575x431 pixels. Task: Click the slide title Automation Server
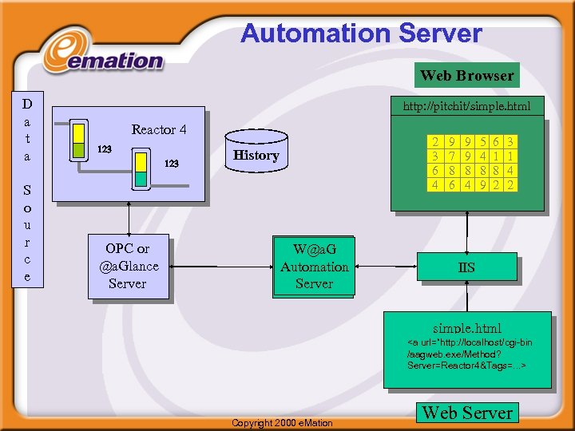tap(361, 34)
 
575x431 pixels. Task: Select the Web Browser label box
tap(467, 75)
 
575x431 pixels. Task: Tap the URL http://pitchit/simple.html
tap(466, 105)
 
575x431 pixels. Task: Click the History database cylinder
tap(256, 154)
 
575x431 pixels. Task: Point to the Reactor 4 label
tap(159, 129)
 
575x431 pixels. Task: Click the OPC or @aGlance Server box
tap(128, 266)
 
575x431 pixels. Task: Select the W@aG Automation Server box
tap(314, 267)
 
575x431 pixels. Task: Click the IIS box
tap(466, 267)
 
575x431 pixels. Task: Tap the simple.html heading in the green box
tap(467, 328)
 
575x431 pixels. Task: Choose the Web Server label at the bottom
tap(467, 413)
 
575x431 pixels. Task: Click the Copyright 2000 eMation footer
tap(282, 422)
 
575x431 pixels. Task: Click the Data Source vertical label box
tap(27, 190)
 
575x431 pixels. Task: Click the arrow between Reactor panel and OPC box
tap(128, 218)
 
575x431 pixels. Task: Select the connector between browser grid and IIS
tap(466, 232)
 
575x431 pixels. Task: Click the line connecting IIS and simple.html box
tap(466, 296)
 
